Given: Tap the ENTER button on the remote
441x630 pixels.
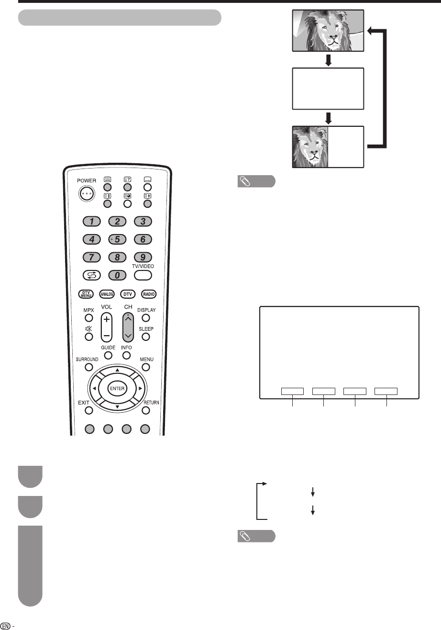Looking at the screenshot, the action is (117, 388).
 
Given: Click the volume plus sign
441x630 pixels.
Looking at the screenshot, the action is (107, 319).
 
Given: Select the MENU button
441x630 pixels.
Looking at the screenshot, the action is (146, 367).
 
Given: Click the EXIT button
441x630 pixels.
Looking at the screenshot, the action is (88, 410).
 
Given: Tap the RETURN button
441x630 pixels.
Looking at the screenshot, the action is (146, 410).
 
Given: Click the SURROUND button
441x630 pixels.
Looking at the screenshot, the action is (88, 367).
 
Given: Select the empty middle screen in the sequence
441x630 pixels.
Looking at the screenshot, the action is (328, 90).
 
